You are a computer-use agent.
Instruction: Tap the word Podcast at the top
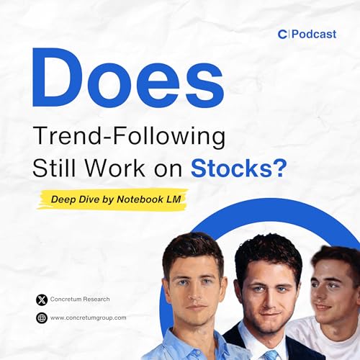pos(312,34)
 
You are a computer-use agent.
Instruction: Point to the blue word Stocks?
pos(238,168)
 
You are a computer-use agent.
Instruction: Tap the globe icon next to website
pos(40,318)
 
